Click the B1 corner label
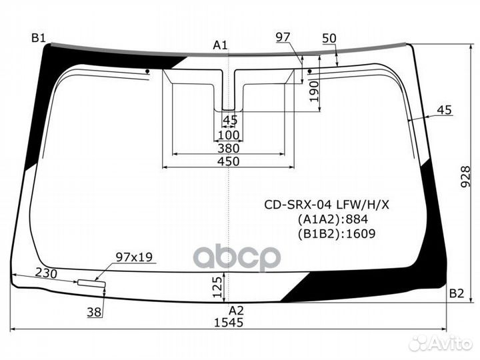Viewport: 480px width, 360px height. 38,38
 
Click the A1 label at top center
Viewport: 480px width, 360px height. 220,45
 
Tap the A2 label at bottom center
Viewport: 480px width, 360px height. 237,311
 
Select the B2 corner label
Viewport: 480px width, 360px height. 456,293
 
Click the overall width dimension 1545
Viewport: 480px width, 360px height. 229,323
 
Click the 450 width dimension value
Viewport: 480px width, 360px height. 228,161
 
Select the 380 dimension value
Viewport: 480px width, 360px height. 228,149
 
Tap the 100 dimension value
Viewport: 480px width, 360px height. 228,135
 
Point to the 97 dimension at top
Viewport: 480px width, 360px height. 283,37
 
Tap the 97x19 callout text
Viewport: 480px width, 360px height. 134,257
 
